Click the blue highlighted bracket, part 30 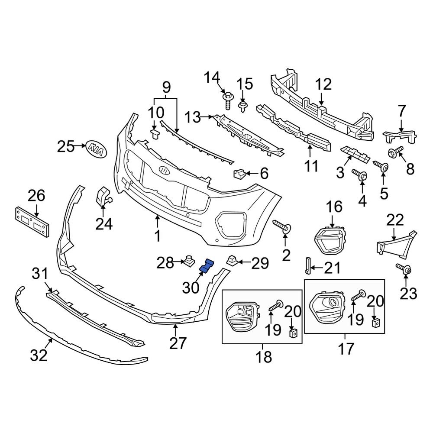click(x=206, y=266)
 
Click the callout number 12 click(x=323, y=84)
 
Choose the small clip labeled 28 click(x=188, y=261)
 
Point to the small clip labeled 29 click(x=230, y=261)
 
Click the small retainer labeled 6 click(x=239, y=174)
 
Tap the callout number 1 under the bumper click(x=158, y=236)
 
